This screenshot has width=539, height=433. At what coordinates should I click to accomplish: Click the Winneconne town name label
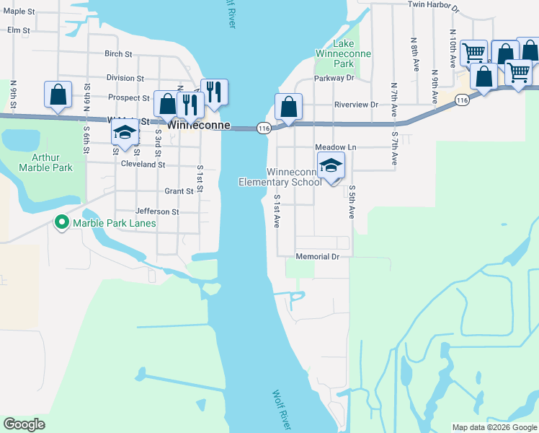(x=199, y=126)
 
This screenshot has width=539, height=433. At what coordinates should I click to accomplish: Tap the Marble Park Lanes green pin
(x=61, y=223)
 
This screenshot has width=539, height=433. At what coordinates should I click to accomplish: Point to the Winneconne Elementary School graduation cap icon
(x=331, y=165)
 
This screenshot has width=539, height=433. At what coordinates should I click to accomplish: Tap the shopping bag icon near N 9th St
(x=58, y=95)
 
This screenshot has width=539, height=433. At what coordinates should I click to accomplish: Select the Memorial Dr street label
(x=317, y=257)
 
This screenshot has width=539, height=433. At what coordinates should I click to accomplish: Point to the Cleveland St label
(x=143, y=165)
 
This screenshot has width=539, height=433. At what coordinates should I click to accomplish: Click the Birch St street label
(x=118, y=54)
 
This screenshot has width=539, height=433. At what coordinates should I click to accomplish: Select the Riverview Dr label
(x=356, y=105)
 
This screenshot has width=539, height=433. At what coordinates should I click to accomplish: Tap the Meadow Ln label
(x=336, y=147)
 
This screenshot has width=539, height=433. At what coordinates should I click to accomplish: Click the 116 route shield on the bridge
(x=264, y=128)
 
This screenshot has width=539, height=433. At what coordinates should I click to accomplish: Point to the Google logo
(x=24, y=424)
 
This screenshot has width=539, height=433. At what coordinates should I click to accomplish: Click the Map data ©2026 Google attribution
(x=494, y=427)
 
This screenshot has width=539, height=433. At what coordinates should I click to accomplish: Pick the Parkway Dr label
(x=334, y=78)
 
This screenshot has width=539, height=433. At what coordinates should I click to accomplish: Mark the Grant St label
(x=179, y=191)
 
